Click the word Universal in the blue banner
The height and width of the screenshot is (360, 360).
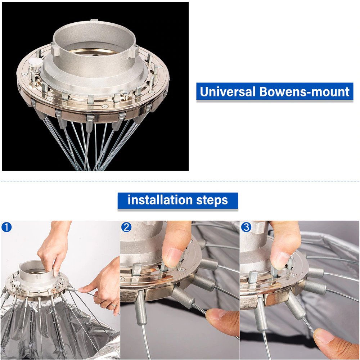tap(227, 91)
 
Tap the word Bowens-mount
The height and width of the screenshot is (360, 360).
tap(305, 91)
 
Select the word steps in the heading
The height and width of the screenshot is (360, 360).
tap(212, 200)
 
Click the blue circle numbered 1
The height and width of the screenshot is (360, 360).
tap(6, 227)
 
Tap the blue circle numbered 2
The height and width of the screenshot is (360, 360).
tap(126, 227)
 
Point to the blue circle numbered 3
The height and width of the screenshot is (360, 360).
tap(246, 227)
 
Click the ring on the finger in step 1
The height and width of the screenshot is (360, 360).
tap(113, 304)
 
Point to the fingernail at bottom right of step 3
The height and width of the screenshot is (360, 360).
tap(324, 335)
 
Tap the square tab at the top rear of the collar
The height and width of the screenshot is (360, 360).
tap(94, 21)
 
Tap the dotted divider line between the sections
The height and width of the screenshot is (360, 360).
tap(180, 181)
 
